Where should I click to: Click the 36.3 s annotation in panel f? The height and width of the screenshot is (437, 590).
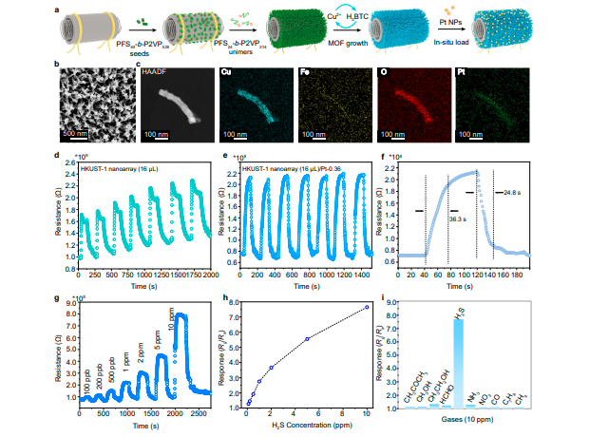(x=458, y=218)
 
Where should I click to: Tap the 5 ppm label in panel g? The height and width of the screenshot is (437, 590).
(x=157, y=339)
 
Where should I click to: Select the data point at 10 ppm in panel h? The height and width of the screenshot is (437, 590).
(x=367, y=307)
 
